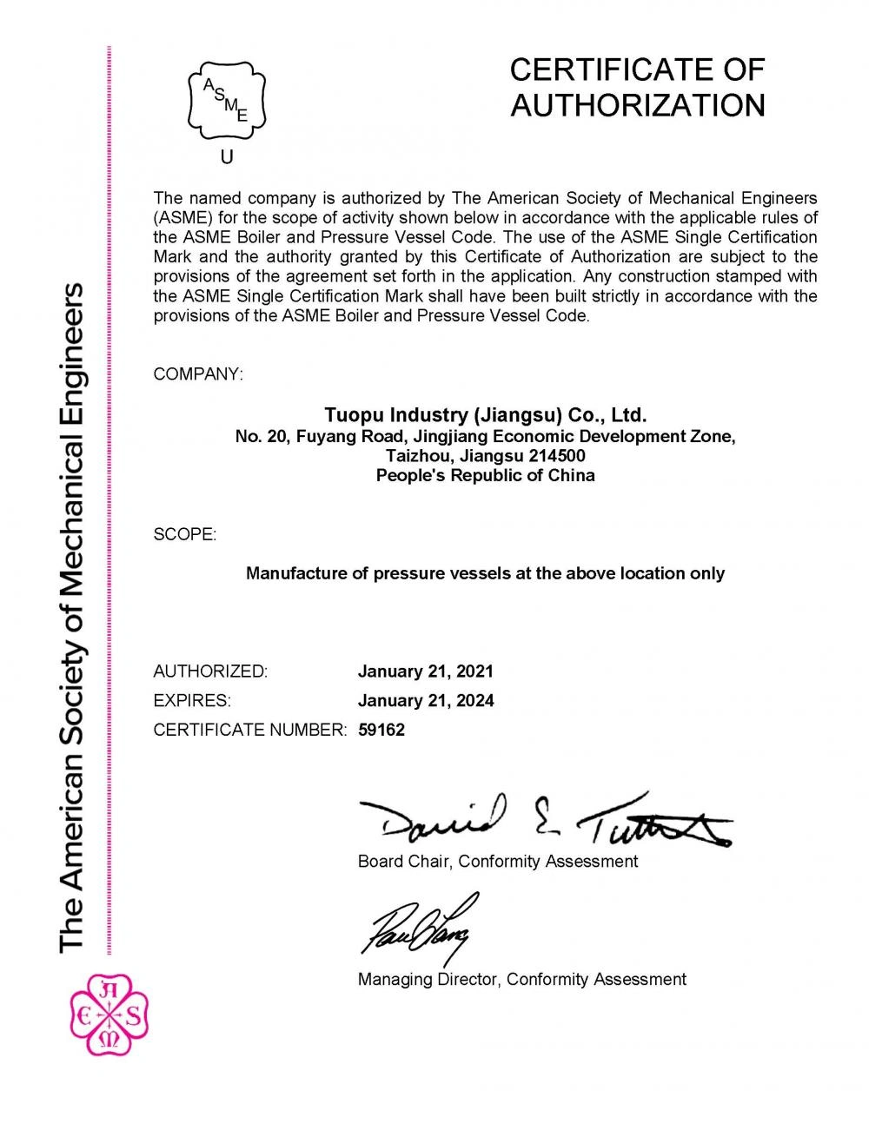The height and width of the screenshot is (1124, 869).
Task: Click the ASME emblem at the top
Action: pos(227,101)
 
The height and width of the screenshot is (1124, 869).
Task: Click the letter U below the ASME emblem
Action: pos(227,157)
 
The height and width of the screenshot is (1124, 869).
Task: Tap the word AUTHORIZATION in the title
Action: pos(637,105)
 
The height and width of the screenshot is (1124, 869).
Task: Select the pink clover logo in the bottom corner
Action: pos(109,1013)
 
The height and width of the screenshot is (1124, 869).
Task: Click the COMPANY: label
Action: pos(198,374)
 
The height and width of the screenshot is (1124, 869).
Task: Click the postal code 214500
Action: pos(555,455)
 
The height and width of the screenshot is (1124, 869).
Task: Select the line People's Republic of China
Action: pos(485,475)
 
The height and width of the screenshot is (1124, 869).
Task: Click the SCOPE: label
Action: pos(185,534)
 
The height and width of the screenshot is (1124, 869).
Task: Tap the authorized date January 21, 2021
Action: pos(426,671)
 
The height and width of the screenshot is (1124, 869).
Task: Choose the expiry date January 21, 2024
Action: pos(426,701)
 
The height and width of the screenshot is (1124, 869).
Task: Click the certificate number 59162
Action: pos(381,730)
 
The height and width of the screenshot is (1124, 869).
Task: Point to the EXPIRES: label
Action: pos(192,701)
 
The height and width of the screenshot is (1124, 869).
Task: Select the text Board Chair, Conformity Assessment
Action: pos(498,862)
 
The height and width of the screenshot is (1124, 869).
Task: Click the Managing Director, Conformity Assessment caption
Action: pos(521,979)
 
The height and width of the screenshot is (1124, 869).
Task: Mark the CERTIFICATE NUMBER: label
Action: pos(249,730)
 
